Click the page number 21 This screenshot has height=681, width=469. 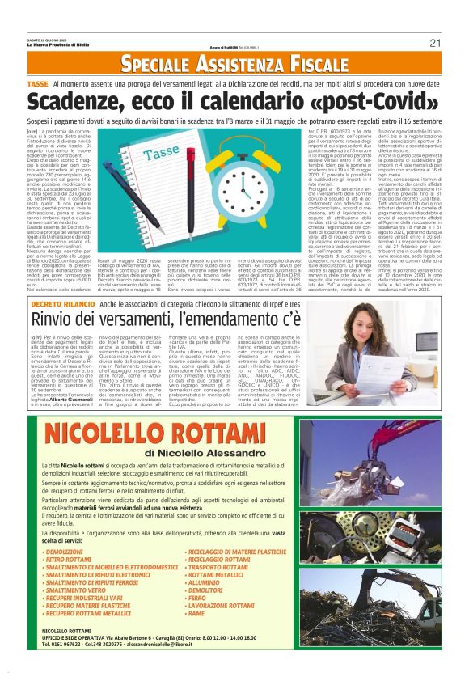[x=435, y=43]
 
